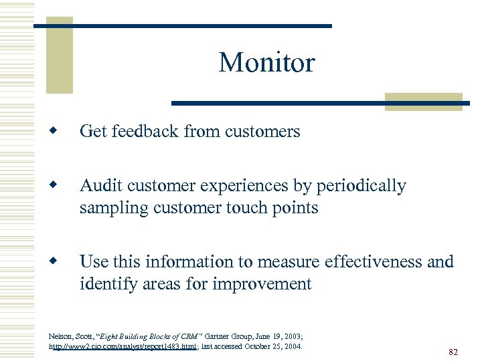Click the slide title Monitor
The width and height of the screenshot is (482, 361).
click(266, 63)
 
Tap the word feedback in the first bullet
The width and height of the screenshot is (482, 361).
click(144, 132)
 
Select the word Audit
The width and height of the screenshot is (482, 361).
click(99, 186)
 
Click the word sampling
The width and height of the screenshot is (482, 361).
click(109, 208)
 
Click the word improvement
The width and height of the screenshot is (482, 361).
click(262, 283)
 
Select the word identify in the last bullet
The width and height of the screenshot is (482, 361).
click(105, 283)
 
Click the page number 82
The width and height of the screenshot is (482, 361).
click(453, 352)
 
